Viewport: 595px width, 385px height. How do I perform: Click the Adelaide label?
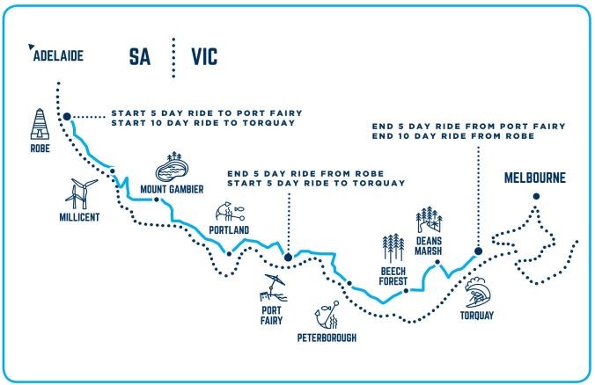tap(58, 56)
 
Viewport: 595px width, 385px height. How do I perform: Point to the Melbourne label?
tap(535, 178)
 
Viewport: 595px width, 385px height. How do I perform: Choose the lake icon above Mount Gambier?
tap(172, 165)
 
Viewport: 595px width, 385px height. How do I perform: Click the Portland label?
tap(230, 229)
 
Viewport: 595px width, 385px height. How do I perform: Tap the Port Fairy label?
tap(271, 316)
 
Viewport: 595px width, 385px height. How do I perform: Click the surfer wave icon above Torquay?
tap(479, 287)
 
